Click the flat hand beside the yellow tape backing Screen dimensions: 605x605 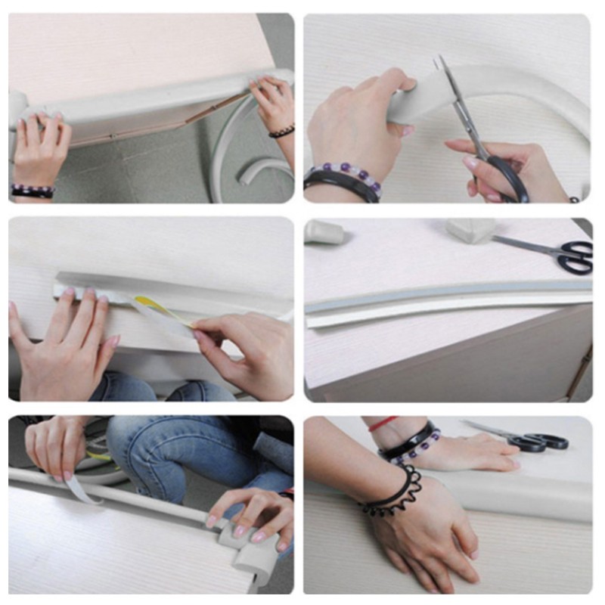[x=64, y=333]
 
